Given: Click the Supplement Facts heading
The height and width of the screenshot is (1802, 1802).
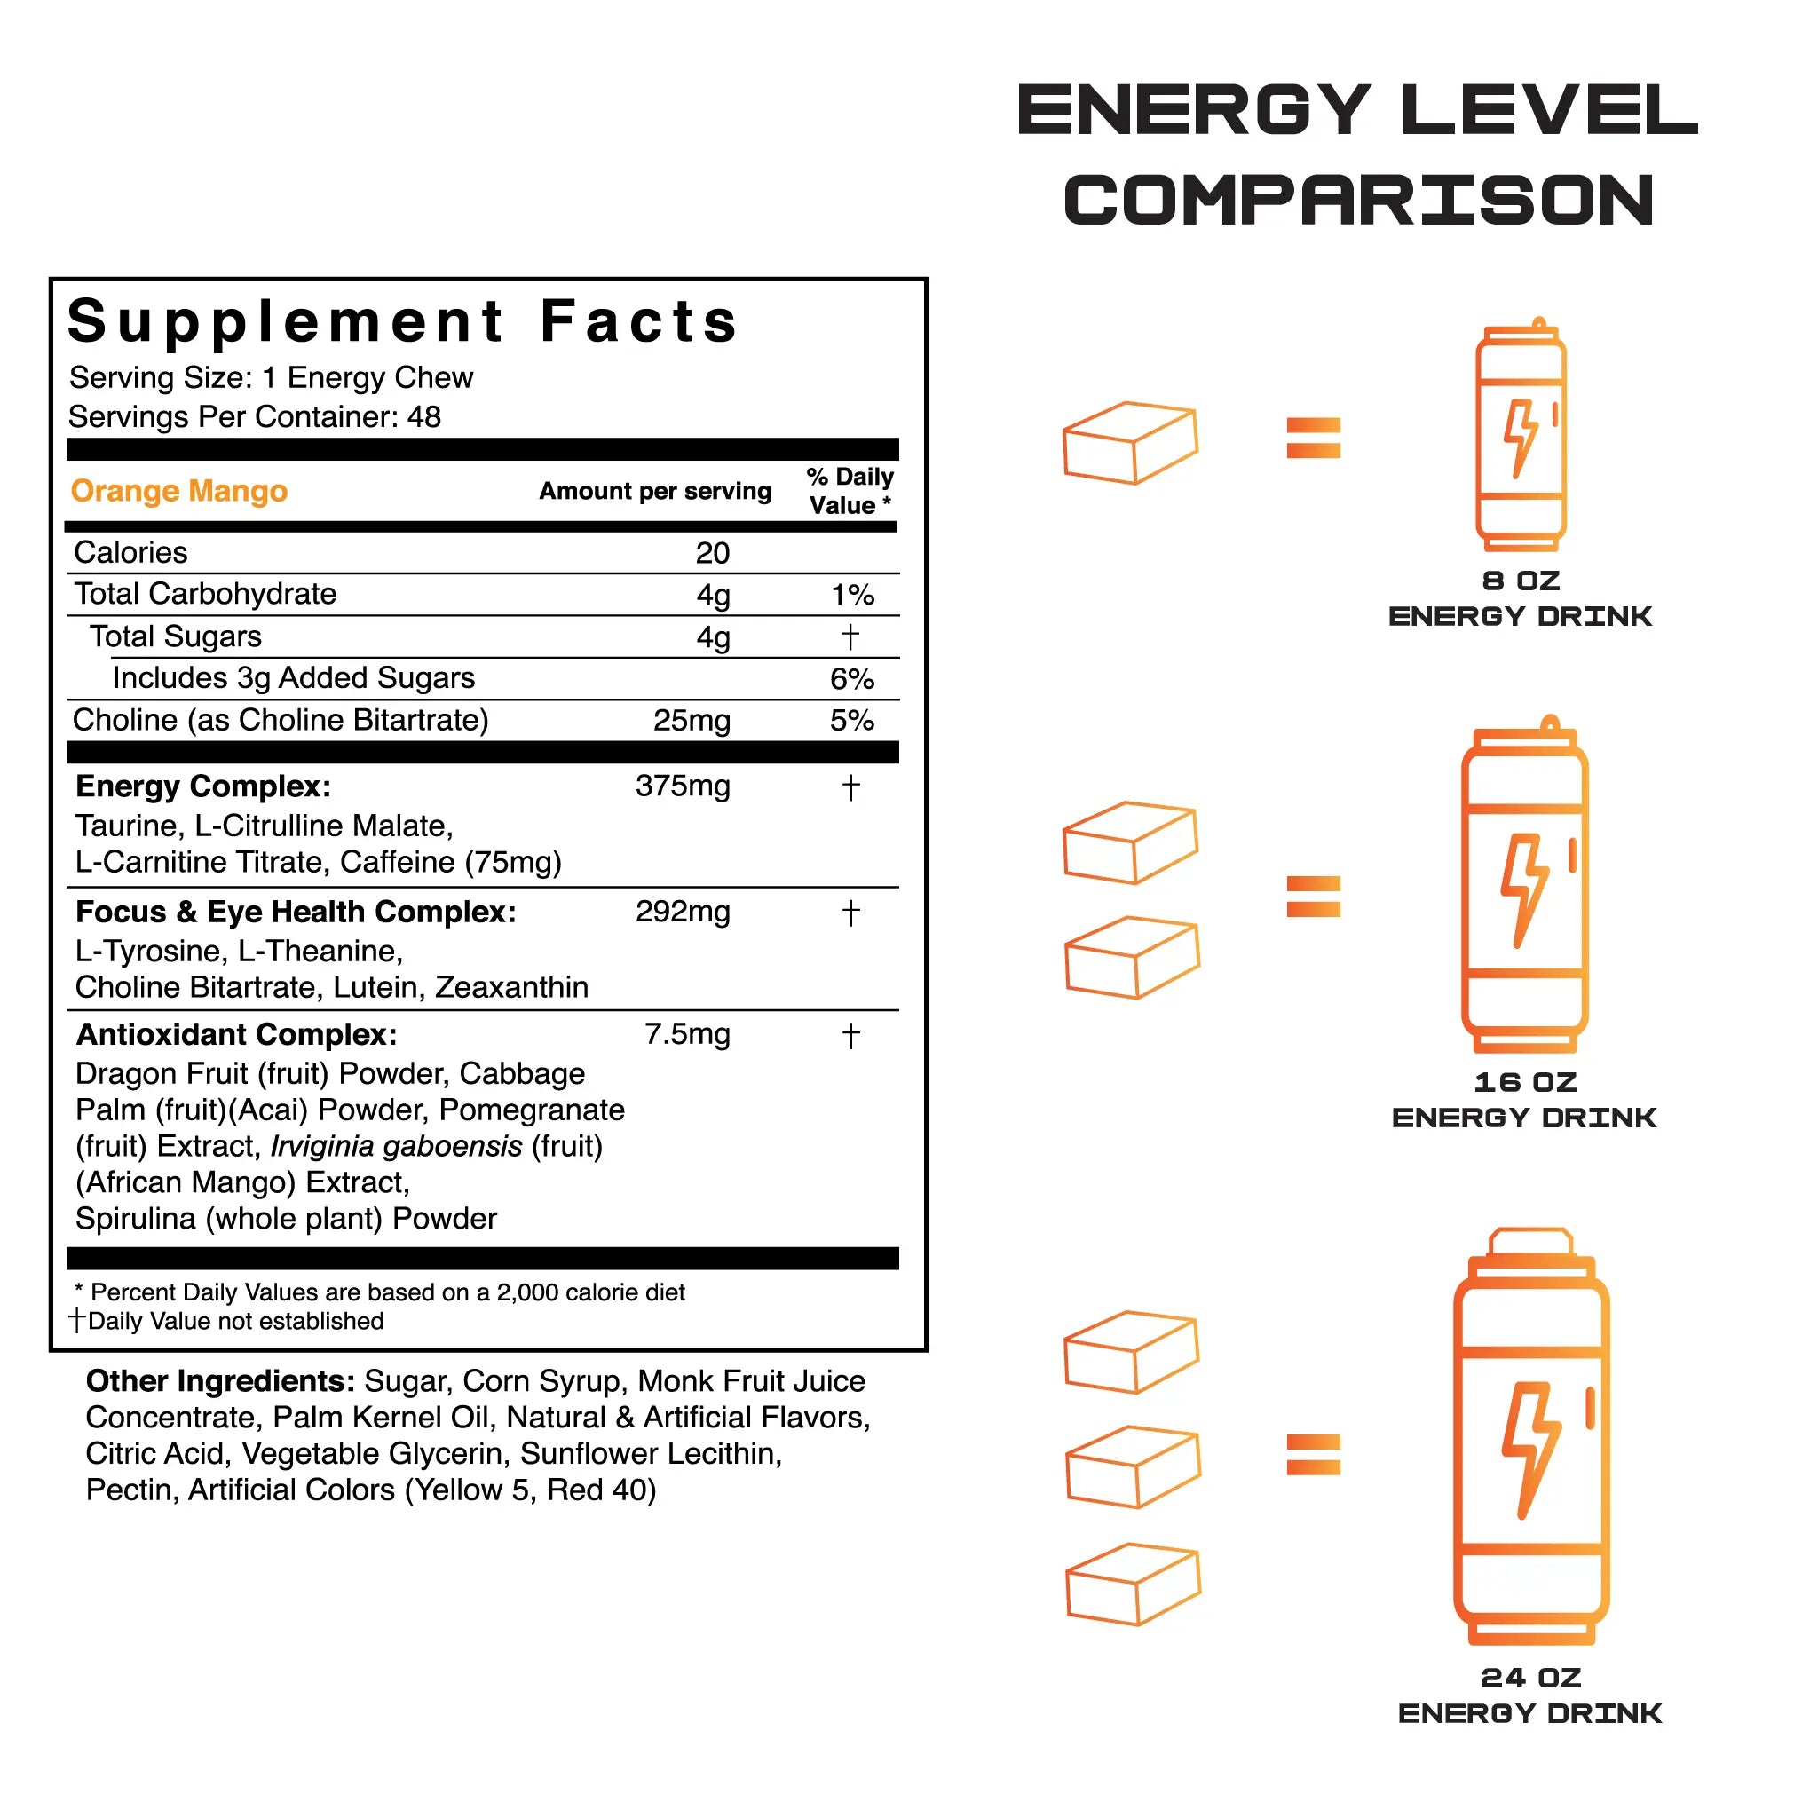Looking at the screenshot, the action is click(403, 321).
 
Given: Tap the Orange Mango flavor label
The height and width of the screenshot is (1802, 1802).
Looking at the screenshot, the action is click(179, 491).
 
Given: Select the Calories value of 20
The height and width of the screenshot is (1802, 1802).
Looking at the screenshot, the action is click(713, 553).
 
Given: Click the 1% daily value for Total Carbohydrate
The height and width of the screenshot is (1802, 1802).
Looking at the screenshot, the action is click(852, 595).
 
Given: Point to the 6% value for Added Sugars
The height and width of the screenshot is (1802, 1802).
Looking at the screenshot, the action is click(852, 679).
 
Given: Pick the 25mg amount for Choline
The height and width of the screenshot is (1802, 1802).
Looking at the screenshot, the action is click(692, 721).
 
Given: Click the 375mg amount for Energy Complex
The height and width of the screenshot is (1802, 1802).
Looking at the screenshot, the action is click(683, 786).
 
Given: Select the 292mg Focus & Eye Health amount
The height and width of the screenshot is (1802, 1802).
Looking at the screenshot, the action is click(683, 912).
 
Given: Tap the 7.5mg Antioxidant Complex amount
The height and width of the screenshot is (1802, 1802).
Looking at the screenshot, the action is click(687, 1034).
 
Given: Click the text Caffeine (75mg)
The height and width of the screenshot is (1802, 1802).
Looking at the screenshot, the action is click(451, 862).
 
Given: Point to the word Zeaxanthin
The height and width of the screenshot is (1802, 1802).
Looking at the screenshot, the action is click(512, 987).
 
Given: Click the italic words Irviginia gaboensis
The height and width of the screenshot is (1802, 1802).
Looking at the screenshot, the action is click(397, 1146).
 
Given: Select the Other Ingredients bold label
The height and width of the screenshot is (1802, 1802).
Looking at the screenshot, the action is click(220, 1381).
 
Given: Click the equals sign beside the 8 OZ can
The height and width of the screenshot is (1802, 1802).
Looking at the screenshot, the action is click(1313, 438).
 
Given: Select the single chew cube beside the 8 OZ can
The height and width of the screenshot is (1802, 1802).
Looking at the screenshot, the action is click(1130, 443).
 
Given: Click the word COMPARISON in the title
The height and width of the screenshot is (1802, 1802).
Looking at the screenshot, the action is click(1359, 201).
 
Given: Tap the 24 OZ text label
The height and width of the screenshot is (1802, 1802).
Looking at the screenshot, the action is click(1530, 1678).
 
